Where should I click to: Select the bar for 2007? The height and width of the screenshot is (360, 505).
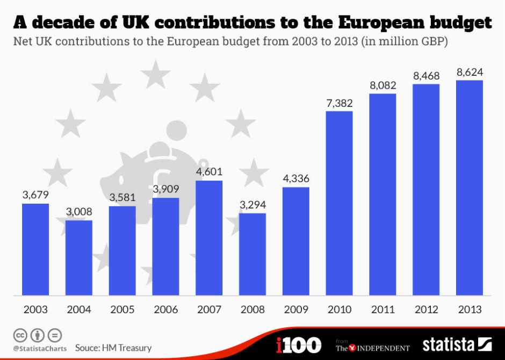(209, 237)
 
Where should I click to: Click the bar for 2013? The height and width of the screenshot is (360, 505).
(469, 188)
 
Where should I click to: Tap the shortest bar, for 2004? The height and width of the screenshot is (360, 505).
(79, 257)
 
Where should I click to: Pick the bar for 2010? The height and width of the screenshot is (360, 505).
(339, 203)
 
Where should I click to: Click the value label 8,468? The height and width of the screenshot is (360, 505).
(426, 76)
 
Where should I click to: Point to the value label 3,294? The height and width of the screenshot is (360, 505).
(252, 205)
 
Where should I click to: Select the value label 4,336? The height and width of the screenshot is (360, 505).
(295, 179)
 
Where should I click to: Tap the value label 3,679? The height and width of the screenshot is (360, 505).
(35, 196)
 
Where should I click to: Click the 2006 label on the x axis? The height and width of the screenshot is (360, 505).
(165, 310)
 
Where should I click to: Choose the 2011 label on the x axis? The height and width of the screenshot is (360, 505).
(383, 310)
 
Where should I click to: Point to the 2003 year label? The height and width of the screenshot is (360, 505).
(35, 310)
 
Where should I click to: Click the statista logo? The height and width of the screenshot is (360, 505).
(457, 344)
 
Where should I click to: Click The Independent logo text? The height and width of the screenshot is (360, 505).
(373, 347)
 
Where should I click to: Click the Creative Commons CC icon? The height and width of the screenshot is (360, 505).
(20, 336)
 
